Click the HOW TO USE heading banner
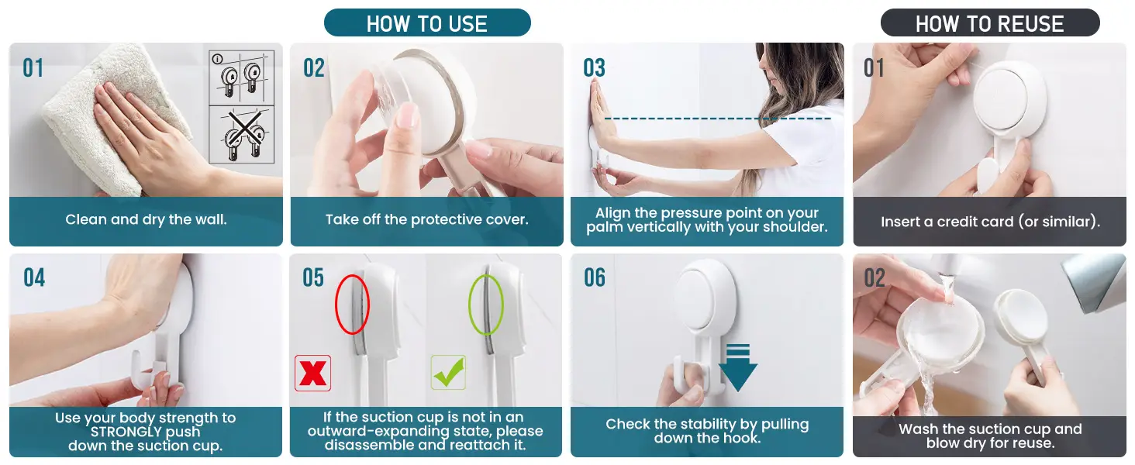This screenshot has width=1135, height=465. click(427, 22)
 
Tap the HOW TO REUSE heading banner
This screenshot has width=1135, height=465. click(989, 22)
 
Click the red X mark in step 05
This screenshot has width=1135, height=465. click(312, 374)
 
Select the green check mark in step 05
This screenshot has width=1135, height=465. click(448, 372)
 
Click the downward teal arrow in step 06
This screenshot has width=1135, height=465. click(738, 367)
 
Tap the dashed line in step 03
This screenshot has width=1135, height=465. click(717, 119)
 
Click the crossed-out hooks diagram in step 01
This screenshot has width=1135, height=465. click(242, 135)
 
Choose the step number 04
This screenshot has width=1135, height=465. click(34, 278)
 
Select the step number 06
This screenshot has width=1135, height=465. click(595, 278)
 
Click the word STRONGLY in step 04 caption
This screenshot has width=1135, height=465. click(120, 432)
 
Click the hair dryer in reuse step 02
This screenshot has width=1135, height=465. click(1097, 283)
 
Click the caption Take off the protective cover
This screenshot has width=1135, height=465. click(426, 219)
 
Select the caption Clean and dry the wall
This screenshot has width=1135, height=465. click(146, 219)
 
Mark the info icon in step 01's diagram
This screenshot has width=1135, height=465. click(217, 59)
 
